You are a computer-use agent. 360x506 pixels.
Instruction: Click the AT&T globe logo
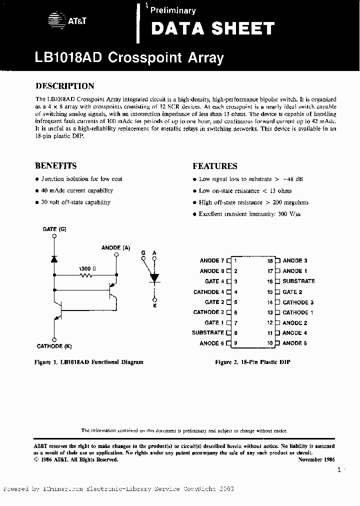[53, 20]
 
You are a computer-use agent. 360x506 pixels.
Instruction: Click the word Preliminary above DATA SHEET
[173, 10]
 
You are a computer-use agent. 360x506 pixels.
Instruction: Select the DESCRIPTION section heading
[64, 86]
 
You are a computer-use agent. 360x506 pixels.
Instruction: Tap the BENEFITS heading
[55, 166]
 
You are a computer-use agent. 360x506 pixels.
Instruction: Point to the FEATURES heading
[214, 166]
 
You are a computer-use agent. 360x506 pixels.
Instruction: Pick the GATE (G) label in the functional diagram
[54, 229]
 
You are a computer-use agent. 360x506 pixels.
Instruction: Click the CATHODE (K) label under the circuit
[54, 346]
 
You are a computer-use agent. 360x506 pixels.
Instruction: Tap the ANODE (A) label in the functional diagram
[115, 247]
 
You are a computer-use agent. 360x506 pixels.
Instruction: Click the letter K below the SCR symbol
[154, 305]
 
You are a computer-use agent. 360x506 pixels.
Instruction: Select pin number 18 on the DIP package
[269, 260]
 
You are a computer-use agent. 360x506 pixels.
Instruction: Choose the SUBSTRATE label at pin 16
[298, 281]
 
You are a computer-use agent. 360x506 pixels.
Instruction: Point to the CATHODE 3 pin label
[298, 302]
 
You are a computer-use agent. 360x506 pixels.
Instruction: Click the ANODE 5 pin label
[294, 343]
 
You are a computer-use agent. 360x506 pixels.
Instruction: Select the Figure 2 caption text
[252, 361]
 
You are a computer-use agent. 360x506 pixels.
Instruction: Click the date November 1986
[316, 459]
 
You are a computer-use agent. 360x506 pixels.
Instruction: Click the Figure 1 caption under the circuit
[89, 361]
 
